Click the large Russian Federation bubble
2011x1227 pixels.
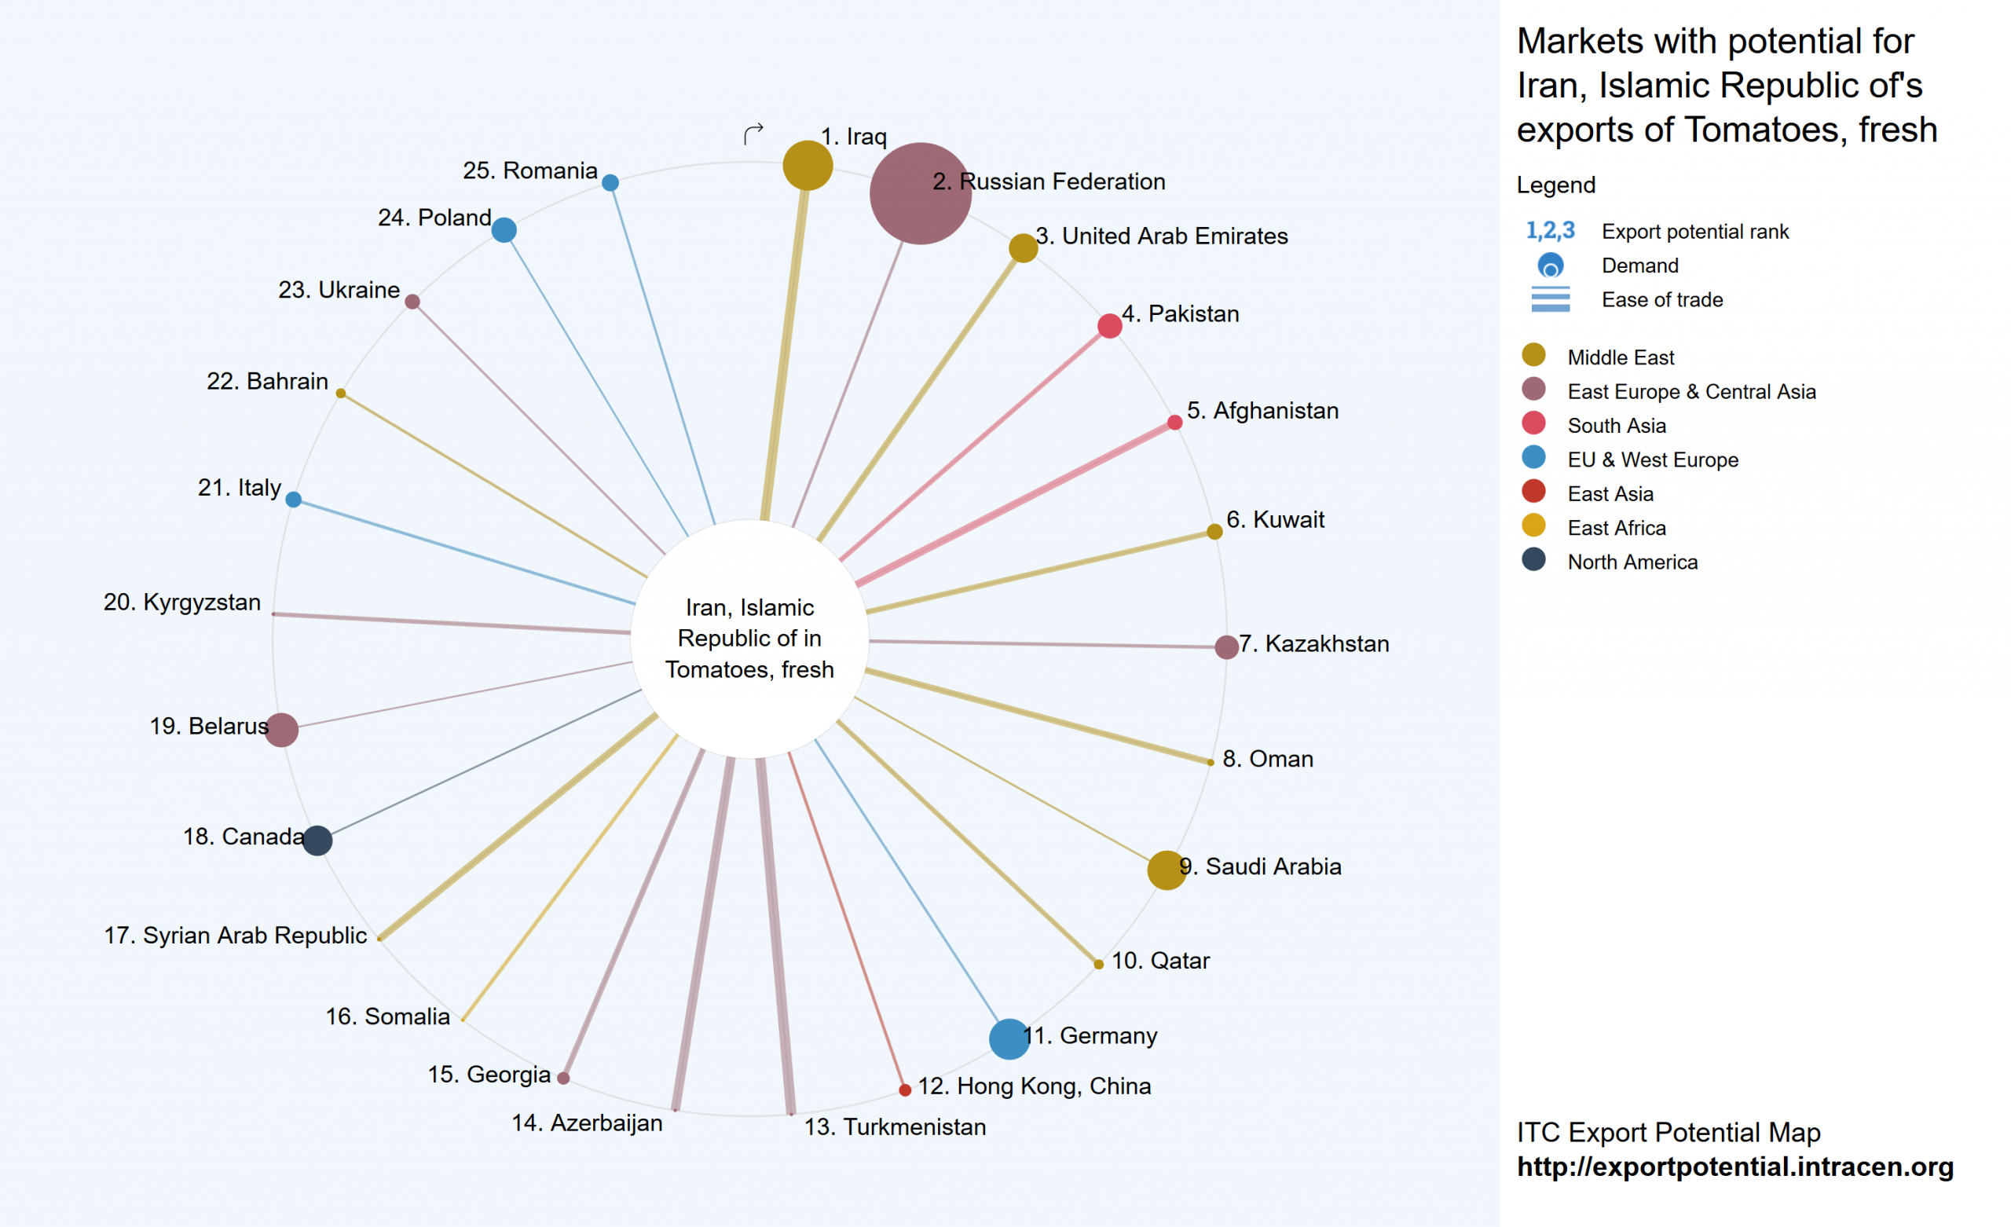[x=920, y=193]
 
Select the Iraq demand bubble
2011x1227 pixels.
[x=808, y=165]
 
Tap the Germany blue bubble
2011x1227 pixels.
[x=1009, y=1038]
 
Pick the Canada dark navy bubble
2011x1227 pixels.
[x=317, y=840]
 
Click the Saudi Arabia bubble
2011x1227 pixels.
[x=1167, y=870]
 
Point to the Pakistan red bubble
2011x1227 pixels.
[x=1109, y=326]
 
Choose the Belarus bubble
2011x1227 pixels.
[x=281, y=729]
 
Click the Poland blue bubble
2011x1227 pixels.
[x=504, y=230]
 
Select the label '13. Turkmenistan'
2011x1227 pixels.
[x=895, y=1126]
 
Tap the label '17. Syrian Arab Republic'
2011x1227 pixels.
[x=235, y=935]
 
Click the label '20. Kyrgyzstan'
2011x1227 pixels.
[x=182, y=602]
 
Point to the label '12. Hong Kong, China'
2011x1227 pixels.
[x=1034, y=1086]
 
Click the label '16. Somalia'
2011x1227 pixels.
[x=388, y=1016]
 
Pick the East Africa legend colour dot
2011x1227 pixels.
[x=1533, y=525]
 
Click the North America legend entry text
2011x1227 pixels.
[x=1632, y=562]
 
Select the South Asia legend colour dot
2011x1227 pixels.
[x=1533, y=423]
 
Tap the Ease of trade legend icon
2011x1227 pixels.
[x=1550, y=299]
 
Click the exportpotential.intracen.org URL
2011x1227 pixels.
[x=1735, y=1167]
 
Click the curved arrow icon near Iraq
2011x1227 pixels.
[x=753, y=133]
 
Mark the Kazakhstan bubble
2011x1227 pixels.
[x=1226, y=646]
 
